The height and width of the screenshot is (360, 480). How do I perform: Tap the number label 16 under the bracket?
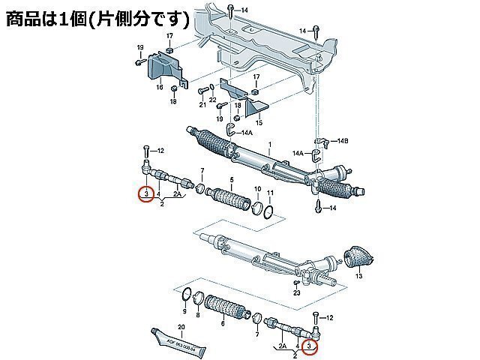point(159,88)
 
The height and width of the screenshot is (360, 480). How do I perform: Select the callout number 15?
point(259,122)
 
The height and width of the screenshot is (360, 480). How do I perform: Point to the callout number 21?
point(202,105)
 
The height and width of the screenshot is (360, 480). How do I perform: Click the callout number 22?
point(213,100)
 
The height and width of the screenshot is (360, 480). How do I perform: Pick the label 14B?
point(343,141)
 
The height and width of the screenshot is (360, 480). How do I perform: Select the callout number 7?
point(202,172)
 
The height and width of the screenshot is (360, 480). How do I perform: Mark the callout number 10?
point(257,189)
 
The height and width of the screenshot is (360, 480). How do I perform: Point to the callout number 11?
point(270,193)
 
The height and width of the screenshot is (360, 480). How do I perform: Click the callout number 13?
point(358,277)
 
